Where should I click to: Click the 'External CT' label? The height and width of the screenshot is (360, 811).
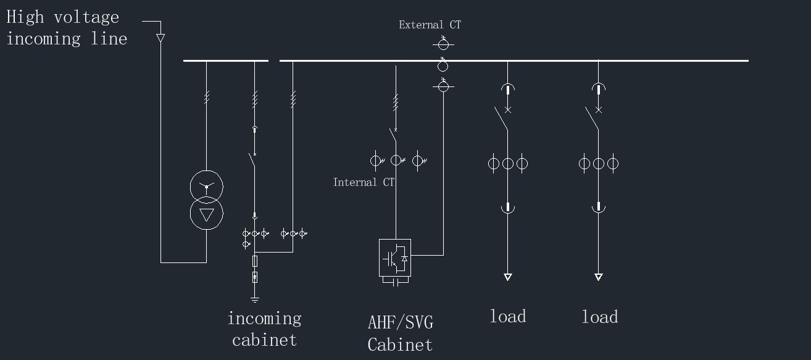[x=430, y=25]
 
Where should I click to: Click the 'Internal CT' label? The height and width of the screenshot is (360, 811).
[x=364, y=182]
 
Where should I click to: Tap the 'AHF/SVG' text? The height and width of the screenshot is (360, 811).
[x=400, y=322]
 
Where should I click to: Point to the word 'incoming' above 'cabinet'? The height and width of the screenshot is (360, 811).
[x=264, y=319]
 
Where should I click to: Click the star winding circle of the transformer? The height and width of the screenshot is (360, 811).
[x=206, y=185]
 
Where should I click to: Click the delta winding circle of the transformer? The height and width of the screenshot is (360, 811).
[x=206, y=214]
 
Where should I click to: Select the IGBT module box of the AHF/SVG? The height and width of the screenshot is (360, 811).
[x=395, y=257]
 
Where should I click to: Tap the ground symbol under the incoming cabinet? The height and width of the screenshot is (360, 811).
[x=255, y=300]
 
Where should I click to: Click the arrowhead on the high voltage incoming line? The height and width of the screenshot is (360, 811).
[x=160, y=38]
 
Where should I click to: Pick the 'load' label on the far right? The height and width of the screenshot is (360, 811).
[x=599, y=317]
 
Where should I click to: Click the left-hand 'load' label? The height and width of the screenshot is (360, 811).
[x=508, y=317]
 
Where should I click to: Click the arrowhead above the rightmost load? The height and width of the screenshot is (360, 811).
[x=598, y=277]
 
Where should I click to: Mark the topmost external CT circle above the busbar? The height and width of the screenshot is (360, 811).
[x=443, y=44]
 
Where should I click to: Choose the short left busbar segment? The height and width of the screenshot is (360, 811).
[x=225, y=61]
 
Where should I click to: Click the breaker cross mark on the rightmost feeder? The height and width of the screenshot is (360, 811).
[x=598, y=110]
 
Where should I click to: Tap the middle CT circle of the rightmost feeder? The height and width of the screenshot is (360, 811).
[x=598, y=164]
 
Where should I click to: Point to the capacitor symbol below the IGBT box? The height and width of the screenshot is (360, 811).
[x=395, y=281]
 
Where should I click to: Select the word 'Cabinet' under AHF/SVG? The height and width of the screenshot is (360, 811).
[x=400, y=345]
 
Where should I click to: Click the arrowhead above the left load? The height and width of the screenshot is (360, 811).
[x=507, y=277]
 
